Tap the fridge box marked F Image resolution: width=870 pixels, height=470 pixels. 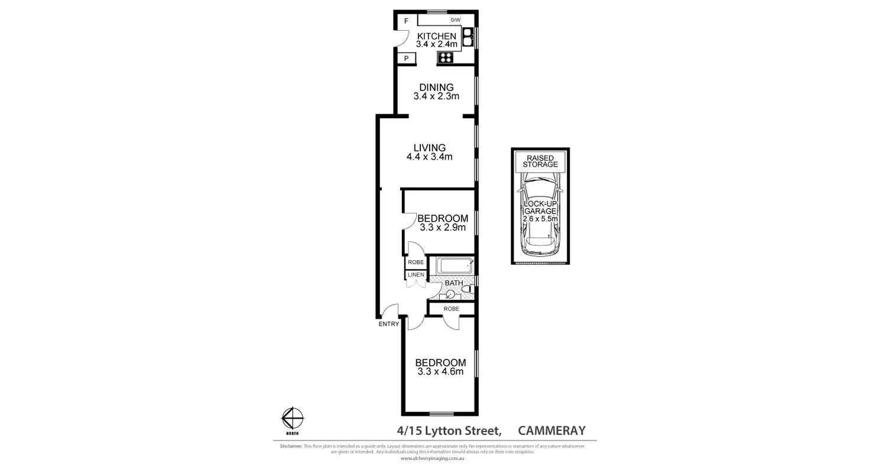pyautogui.click(x=406, y=21)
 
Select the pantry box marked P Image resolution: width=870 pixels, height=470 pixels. pyautogui.click(x=406, y=58)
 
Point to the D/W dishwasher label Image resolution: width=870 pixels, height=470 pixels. pyautogui.click(x=455, y=20)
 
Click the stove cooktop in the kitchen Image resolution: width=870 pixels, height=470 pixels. pyautogui.click(x=445, y=57)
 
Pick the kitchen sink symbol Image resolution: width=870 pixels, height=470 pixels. pyautogui.click(x=468, y=37)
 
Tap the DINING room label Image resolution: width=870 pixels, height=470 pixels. pyautogui.click(x=437, y=87)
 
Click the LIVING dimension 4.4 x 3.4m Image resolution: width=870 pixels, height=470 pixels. pyautogui.click(x=429, y=157)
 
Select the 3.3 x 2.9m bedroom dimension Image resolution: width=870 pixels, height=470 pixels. pyautogui.click(x=442, y=227)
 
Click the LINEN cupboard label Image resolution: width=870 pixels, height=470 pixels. pyautogui.click(x=414, y=275)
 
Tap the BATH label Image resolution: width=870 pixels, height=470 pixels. pyautogui.click(x=454, y=283)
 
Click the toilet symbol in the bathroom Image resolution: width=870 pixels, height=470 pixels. pyautogui.click(x=466, y=290)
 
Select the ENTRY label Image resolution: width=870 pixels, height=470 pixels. pyautogui.click(x=389, y=323)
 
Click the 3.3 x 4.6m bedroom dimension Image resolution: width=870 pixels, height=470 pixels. pyautogui.click(x=440, y=371)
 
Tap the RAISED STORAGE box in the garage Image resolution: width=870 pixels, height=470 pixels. pyautogui.click(x=540, y=161)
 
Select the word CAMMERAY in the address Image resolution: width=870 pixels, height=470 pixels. pyautogui.click(x=551, y=430)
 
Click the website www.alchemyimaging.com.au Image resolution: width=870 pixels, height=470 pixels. pyautogui.click(x=433, y=458)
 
